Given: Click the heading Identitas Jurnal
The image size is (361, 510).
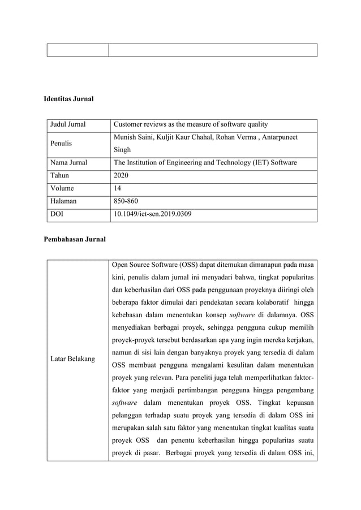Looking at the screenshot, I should coord(68,100).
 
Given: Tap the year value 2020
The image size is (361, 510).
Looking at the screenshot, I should coord(122,176).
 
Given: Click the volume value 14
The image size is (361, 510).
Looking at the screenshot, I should coord(117,189).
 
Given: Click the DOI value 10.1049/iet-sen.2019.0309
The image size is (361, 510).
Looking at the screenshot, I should coord(152,215).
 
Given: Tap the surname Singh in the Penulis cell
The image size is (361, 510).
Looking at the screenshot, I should coord(122,150).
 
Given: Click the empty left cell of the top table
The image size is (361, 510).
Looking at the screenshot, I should coord(78,50).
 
